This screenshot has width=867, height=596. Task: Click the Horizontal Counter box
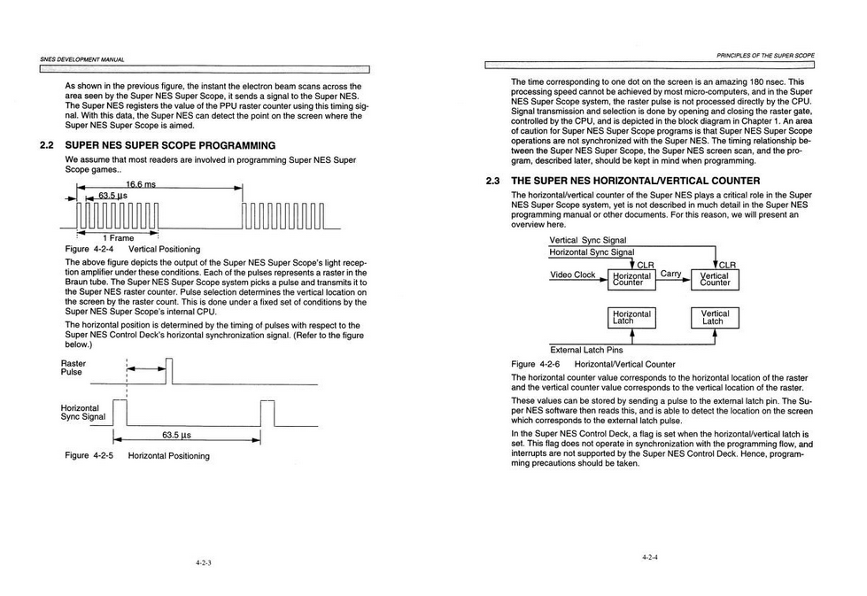(631, 280)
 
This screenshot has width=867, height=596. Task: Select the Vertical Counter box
(715, 280)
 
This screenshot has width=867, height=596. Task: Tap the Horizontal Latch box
(631, 318)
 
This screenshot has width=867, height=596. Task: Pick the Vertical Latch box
(715, 318)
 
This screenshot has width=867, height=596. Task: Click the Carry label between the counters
(670, 274)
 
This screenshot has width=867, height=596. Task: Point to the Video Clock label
(572, 275)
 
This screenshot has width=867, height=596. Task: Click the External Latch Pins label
(586, 350)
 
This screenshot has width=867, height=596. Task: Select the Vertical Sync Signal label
(588, 241)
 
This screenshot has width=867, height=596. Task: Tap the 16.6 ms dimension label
(141, 185)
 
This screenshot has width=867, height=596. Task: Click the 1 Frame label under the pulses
(119, 238)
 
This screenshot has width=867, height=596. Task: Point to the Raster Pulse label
(73, 368)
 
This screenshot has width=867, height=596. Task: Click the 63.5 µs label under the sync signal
(176, 435)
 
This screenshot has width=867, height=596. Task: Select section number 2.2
(46, 146)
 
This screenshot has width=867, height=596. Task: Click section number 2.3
(492, 181)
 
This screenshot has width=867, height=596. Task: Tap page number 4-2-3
(204, 563)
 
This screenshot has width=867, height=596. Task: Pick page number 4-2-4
(650, 557)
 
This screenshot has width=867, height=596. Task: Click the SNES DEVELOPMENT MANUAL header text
(81, 59)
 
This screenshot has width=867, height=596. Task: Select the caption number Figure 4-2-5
(89, 455)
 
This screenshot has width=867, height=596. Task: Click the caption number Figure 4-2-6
(535, 364)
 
